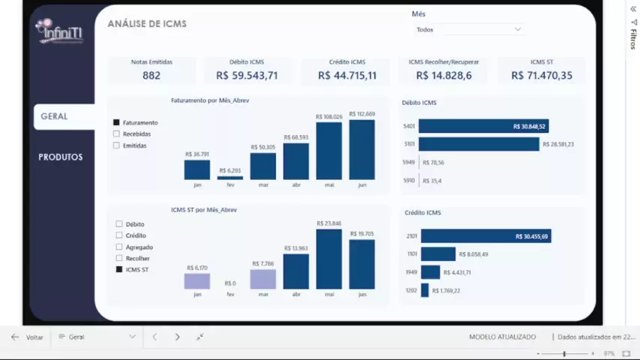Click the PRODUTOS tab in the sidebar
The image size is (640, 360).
pyautogui.click(x=61, y=157)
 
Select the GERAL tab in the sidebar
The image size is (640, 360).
pyautogui.click(x=55, y=116)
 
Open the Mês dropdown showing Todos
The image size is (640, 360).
pyautogui.click(x=470, y=29)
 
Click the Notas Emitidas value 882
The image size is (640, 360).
pyautogui.click(x=151, y=75)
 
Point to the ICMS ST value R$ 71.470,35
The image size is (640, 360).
pyautogui.click(x=541, y=75)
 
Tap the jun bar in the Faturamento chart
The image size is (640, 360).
pyautogui.click(x=362, y=150)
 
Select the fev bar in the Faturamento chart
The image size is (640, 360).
pyautogui.click(x=230, y=178)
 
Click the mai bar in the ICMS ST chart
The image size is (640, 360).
pyautogui.click(x=329, y=259)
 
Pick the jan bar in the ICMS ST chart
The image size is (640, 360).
pyautogui.click(x=197, y=281)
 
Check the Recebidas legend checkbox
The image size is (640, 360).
pyautogui.click(x=117, y=134)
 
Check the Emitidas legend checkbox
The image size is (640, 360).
pyautogui.click(x=117, y=145)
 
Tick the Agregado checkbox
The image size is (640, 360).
pyautogui.click(x=119, y=247)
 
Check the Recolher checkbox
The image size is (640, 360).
pyautogui.click(x=119, y=258)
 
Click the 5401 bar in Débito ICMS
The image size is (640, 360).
pyautogui.click(x=483, y=126)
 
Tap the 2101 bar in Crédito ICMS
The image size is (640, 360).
pyautogui.click(x=486, y=236)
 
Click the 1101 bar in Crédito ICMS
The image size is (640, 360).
pyautogui.click(x=438, y=254)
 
